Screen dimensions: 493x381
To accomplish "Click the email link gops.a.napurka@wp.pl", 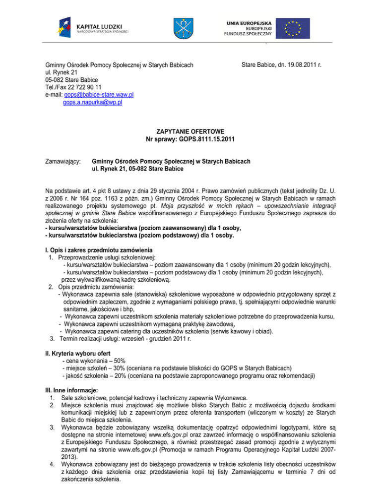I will coord(93,102).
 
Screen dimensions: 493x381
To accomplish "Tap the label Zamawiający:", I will coord(63,161).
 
